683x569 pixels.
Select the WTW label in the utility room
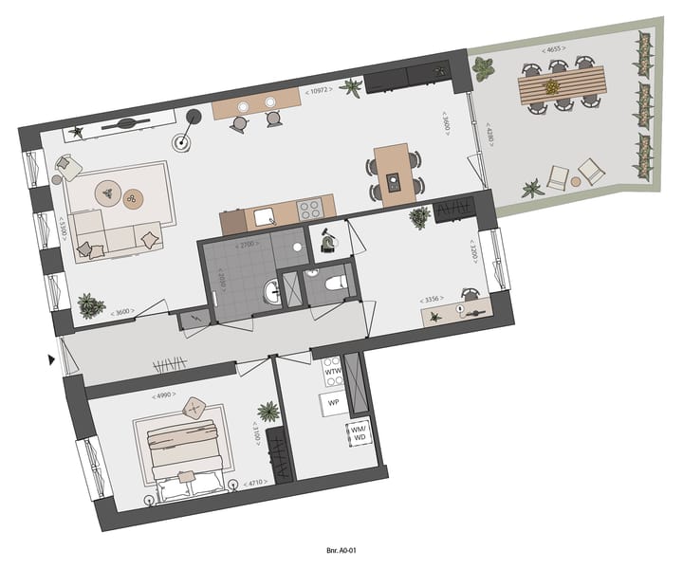[x=333, y=373]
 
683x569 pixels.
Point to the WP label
[x=333, y=402]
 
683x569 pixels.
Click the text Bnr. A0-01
[x=341, y=548]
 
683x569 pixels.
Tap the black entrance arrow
[x=52, y=359]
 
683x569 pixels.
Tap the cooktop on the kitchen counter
[x=310, y=211]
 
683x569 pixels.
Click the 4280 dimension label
[x=489, y=156]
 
